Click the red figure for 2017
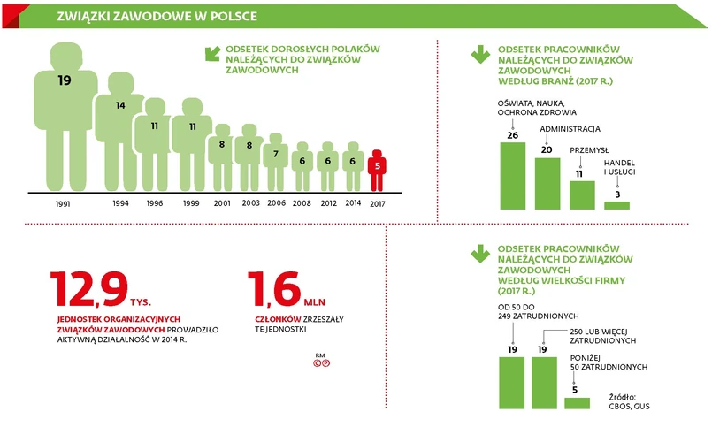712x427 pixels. (x=378, y=171)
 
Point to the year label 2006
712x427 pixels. (x=276, y=202)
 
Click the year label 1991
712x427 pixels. (x=62, y=203)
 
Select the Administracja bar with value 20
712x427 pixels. (x=547, y=183)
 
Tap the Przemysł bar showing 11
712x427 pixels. (x=581, y=194)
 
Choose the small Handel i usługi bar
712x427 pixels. (x=616, y=205)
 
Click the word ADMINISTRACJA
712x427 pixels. (x=570, y=128)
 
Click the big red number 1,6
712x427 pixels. (x=272, y=290)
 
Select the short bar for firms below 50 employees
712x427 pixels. (x=577, y=402)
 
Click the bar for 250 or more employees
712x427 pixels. (x=544, y=382)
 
